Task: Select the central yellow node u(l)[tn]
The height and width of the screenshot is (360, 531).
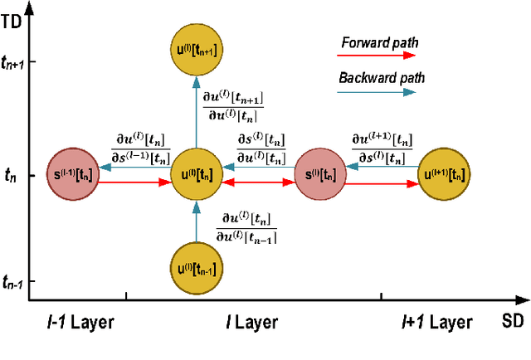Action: (x=196, y=175)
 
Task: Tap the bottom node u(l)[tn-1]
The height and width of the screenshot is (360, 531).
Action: (x=196, y=269)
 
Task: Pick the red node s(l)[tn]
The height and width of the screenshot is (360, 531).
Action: (x=320, y=175)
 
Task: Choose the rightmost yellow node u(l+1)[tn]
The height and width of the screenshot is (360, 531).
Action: (x=444, y=175)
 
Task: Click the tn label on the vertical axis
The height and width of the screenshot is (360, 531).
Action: (x=10, y=175)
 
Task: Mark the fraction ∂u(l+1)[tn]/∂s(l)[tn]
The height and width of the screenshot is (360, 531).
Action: (x=382, y=148)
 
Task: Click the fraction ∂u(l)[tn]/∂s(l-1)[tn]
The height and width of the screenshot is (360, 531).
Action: (x=141, y=148)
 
